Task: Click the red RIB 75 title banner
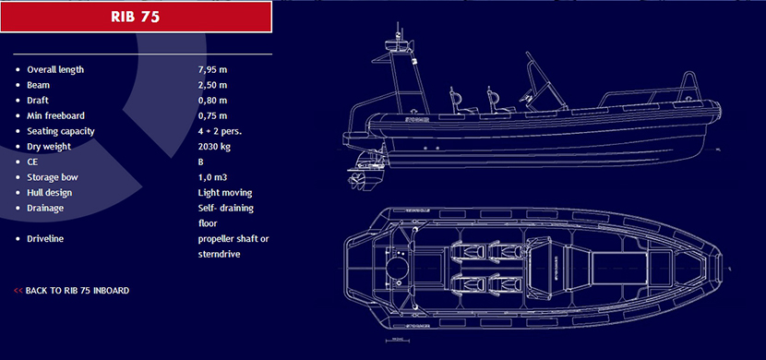136,18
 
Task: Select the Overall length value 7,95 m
212,69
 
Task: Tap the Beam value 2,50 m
212,85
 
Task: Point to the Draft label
38,100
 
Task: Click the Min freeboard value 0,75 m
212,115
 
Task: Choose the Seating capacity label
61,131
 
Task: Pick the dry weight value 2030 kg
214,147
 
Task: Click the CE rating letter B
201,162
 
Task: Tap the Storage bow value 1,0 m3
212,177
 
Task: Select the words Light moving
225,192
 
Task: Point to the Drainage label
45,208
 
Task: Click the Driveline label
45,239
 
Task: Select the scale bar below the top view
397,340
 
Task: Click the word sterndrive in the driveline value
219,255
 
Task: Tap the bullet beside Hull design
18,193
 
